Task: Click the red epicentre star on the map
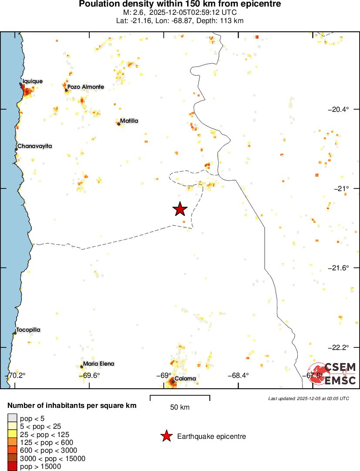(180, 209)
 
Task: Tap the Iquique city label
(33, 81)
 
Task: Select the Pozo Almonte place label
(86, 87)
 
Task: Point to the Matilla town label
(129, 121)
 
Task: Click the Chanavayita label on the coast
(34, 146)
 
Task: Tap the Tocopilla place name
(28, 330)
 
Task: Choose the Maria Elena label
(99, 363)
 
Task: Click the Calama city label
(185, 378)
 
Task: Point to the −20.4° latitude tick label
(338, 109)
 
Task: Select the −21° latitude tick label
(341, 188)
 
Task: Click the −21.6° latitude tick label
(338, 268)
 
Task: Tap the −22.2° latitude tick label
(338, 347)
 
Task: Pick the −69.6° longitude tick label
(89, 375)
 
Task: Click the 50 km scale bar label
(180, 407)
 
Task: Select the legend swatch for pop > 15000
(13, 467)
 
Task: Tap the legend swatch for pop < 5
(13, 418)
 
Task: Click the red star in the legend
(166, 436)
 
